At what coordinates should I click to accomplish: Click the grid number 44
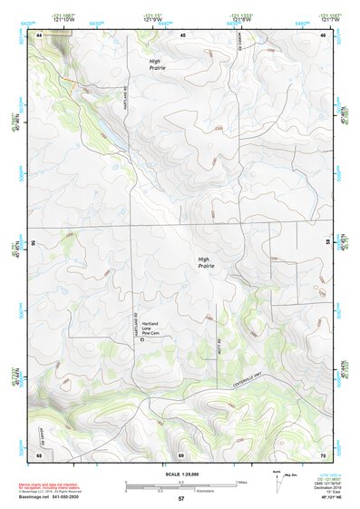click(x=40, y=34)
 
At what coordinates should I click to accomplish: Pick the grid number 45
click(x=182, y=34)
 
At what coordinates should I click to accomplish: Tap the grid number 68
click(x=40, y=455)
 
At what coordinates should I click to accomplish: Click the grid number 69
click(x=181, y=455)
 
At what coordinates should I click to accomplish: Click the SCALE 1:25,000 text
click(x=181, y=473)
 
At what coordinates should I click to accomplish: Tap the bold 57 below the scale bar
click(x=181, y=500)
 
